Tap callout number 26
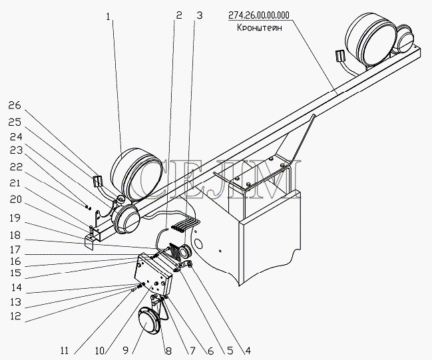pos(14,105)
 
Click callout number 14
pos(14,289)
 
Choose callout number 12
pos(14,317)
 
